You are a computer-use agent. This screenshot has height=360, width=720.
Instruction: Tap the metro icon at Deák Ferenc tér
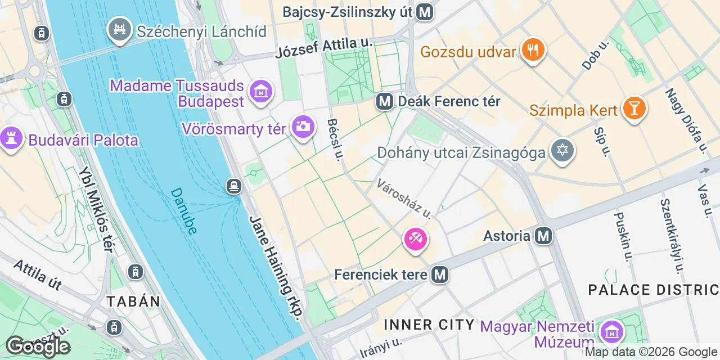point(385,102)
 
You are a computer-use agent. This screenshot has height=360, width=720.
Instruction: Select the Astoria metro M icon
point(543,236)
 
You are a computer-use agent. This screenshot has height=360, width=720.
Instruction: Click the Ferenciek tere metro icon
point(440,274)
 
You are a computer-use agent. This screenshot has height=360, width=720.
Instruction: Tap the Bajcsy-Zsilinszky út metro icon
point(425,12)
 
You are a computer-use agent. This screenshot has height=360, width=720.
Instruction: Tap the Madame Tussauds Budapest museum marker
point(260,92)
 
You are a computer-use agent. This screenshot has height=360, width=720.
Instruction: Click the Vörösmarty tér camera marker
point(303,127)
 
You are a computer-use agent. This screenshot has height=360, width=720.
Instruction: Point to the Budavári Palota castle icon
point(11,138)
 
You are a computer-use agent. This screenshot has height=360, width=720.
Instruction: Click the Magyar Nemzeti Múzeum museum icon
point(611,332)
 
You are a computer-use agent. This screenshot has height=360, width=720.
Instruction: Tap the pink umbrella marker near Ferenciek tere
point(416,240)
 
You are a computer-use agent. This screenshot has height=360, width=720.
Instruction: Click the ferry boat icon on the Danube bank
point(234,185)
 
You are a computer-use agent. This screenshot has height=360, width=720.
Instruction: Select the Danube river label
point(183,211)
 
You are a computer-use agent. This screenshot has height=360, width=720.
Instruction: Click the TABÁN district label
point(134,301)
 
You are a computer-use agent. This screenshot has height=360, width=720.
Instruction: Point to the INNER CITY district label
point(429,325)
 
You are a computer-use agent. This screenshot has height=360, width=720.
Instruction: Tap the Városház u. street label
point(404,199)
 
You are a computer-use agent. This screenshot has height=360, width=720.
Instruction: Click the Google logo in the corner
point(37,346)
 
